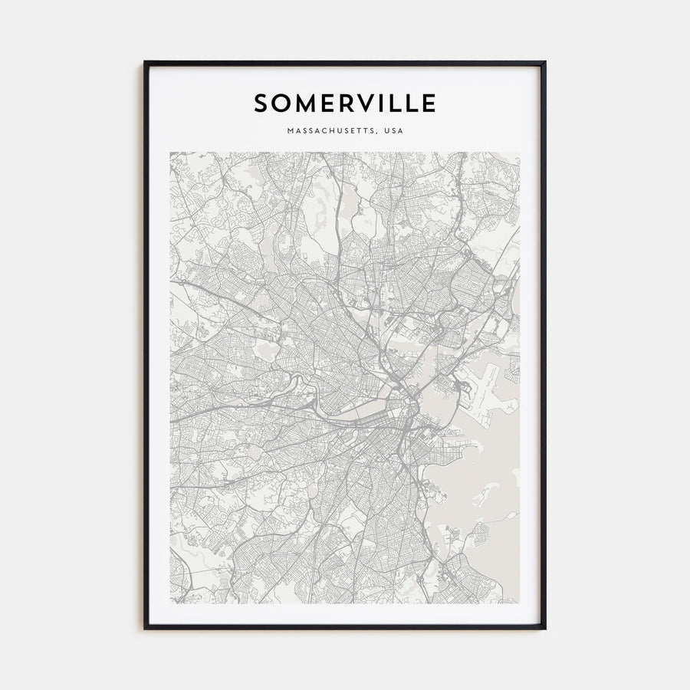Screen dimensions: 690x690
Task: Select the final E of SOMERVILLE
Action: [x=429, y=103]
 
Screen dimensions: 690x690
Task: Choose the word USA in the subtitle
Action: [x=393, y=131]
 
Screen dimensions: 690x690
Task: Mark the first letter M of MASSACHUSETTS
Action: [x=290, y=131]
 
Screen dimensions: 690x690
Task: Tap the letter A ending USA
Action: [x=399, y=131]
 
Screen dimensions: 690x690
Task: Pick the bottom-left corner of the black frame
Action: [x=145, y=629]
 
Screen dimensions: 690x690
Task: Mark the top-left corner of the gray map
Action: [x=170, y=152]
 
